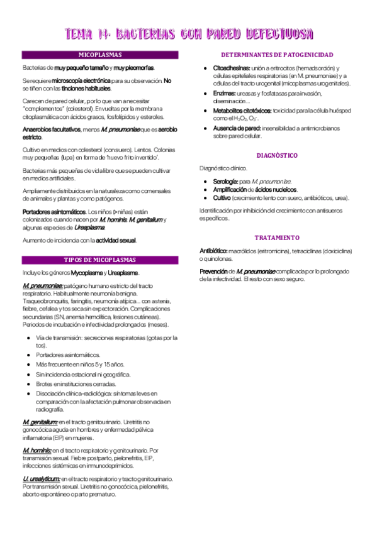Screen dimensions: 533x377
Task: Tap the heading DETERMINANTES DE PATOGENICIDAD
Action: [x=277, y=55]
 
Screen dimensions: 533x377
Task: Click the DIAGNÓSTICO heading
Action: [x=277, y=155]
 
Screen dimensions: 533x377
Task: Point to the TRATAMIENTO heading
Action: [x=277, y=238]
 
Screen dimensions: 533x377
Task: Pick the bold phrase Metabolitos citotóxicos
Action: [x=242, y=110]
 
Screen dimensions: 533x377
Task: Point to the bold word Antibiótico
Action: [x=213, y=251]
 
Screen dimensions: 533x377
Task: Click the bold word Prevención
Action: [x=213, y=271]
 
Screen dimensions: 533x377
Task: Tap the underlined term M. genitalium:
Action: [x=40, y=421]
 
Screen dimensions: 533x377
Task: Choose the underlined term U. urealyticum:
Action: [x=41, y=479]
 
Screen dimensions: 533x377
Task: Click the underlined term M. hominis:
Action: [x=37, y=450]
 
